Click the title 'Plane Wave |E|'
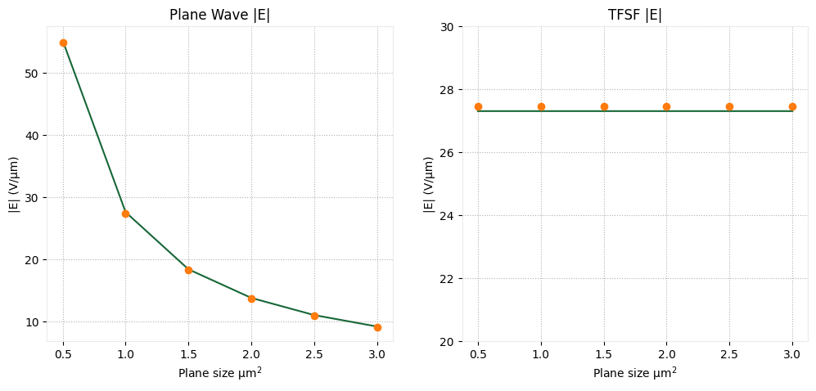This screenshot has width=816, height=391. [x=219, y=16]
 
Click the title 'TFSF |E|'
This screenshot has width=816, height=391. [x=635, y=16]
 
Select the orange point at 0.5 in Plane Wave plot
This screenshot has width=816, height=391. [x=63, y=43]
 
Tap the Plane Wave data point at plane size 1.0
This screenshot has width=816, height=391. [x=125, y=213]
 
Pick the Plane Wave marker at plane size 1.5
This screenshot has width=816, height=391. [x=188, y=270]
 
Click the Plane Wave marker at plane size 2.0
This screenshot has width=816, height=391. [x=251, y=299]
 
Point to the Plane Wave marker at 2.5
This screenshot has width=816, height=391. [x=314, y=316]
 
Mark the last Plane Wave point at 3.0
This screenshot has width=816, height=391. [x=377, y=327]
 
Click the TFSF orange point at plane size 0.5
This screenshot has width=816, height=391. [x=478, y=106]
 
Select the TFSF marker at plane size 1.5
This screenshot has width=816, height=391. [x=604, y=106]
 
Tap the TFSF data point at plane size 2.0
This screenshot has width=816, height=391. [x=666, y=106]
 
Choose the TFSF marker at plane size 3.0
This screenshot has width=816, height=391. [x=792, y=106]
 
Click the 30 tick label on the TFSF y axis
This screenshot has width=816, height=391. [x=447, y=27]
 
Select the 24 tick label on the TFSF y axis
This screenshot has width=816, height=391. [x=447, y=216]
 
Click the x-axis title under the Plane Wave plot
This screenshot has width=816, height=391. [x=219, y=373]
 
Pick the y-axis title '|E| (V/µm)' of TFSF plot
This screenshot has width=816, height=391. [x=430, y=184]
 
